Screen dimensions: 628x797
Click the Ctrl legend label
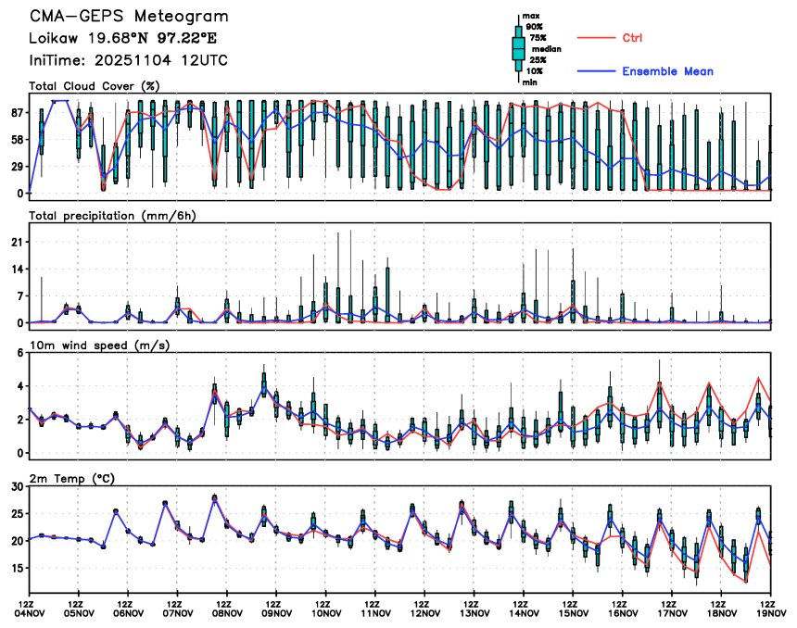pos(633,38)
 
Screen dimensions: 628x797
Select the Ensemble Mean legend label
pos(667,71)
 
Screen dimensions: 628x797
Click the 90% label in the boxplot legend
pos(535,27)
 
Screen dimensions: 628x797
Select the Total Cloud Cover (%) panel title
pos(94,86)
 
